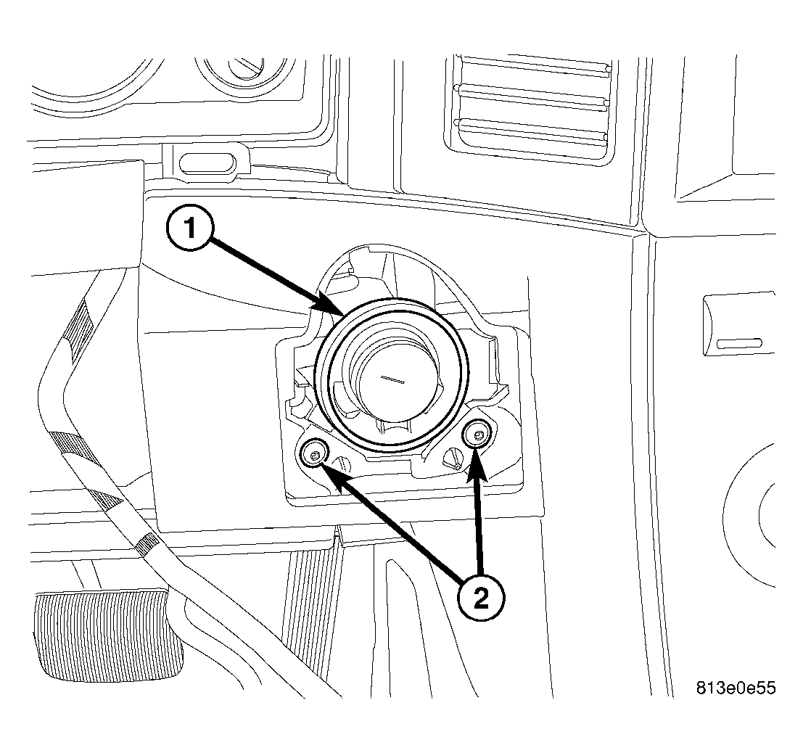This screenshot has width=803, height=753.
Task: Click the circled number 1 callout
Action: tap(191, 228)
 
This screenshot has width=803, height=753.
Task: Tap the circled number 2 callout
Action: tap(481, 598)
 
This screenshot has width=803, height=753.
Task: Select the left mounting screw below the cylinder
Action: tap(314, 453)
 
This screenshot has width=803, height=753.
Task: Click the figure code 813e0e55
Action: tap(736, 688)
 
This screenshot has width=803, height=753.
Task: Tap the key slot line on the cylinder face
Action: tap(392, 379)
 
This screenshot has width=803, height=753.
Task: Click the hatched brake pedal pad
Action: tap(108, 637)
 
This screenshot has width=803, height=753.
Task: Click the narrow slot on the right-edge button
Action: tap(739, 344)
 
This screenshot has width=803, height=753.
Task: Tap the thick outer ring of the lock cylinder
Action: tap(392, 300)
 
